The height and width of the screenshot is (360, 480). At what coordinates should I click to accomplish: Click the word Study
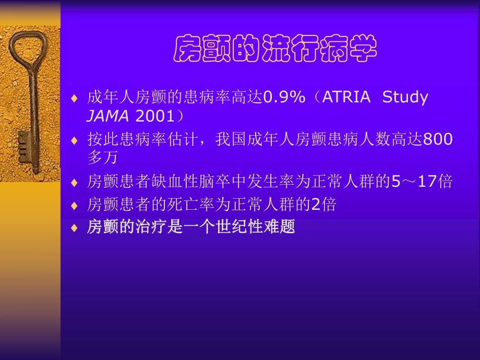pos(405,98)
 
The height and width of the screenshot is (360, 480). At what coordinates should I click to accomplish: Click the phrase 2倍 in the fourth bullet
pos(323,204)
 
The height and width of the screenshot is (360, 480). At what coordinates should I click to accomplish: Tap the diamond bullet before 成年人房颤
pos(75,99)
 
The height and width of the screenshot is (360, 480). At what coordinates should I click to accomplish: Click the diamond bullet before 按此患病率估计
pos(75,141)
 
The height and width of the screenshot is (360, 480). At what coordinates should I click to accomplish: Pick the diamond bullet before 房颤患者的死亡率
pos(75,205)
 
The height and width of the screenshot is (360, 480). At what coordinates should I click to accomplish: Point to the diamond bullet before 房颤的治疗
pos(75,228)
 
